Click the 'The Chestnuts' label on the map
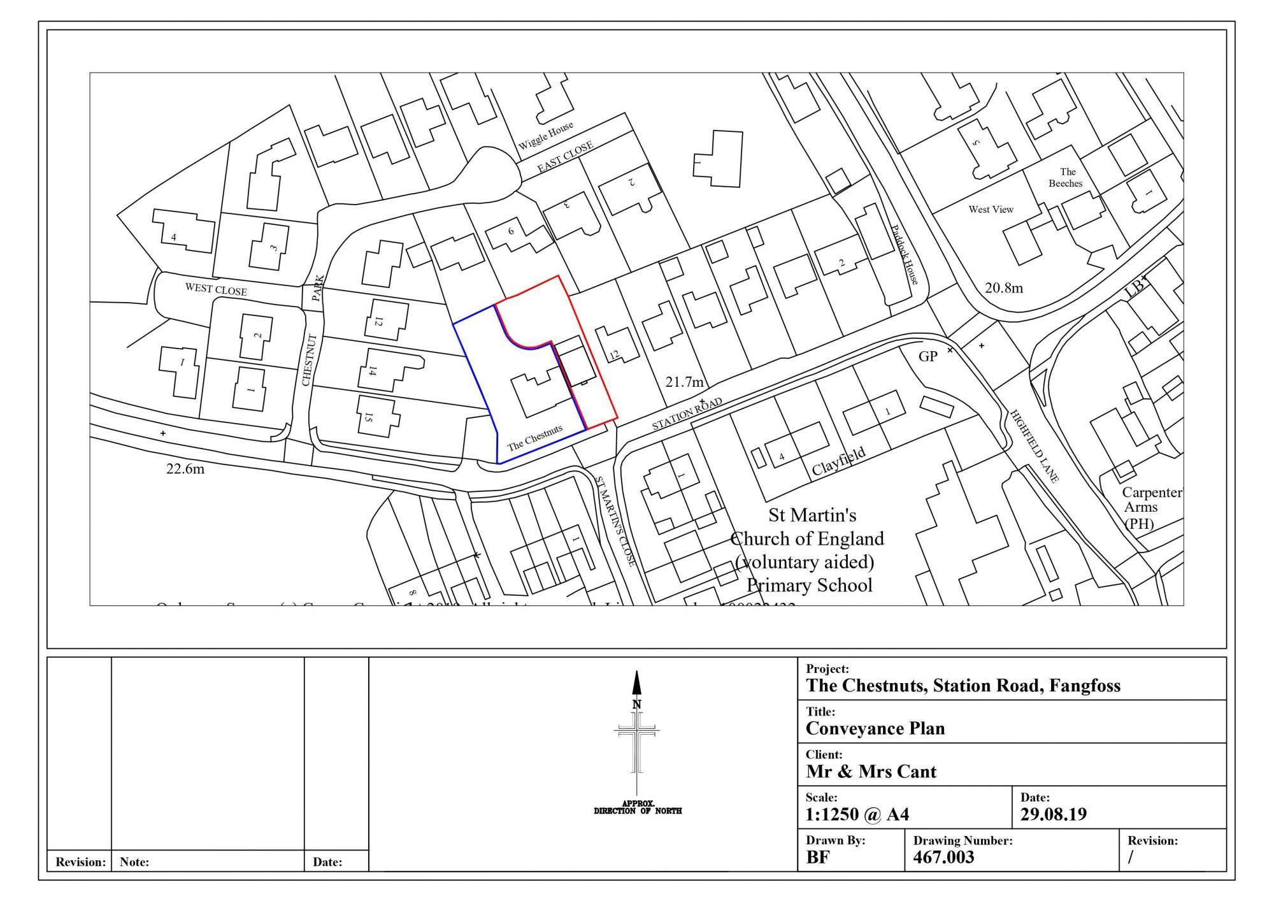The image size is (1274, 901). pos(534,437)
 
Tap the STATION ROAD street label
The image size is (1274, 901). pos(687,414)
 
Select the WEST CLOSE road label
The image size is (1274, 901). pos(216,289)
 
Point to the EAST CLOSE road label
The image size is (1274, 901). pos(565,157)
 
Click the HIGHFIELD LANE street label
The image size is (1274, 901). pos(1034,445)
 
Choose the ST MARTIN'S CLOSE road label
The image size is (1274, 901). pos(615,521)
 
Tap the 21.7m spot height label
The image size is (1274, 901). pos(685,382)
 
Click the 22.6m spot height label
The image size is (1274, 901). pos(185,469)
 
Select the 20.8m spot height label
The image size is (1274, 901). pos(1004,288)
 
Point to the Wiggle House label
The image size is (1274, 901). pos(545,135)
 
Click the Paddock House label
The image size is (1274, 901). pos(905,254)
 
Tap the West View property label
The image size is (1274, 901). pos(991,209)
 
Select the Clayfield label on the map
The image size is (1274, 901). pos(838,461)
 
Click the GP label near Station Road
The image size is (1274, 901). pos(927,357)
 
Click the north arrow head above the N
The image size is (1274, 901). pos(636,682)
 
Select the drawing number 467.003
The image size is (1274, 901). pos(943,857)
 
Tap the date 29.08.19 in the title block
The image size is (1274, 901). pos(1053,814)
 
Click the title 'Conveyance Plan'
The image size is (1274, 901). pos(875,728)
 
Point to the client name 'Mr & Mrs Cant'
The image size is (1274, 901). pos(871,772)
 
